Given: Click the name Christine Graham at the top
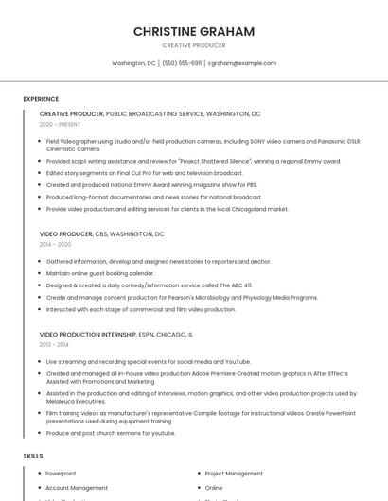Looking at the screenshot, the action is [x=193, y=31].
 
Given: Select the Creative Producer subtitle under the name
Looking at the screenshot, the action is [x=193, y=45].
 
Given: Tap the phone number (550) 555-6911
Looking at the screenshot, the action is [x=182, y=63].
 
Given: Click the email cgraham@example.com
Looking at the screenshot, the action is [x=242, y=63].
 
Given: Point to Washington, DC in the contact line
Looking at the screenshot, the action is [x=133, y=63].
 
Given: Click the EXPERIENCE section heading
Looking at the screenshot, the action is [x=41, y=99].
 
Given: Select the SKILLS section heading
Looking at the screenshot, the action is [x=33, y=456].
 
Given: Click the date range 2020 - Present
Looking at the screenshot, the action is [x=60, y=124].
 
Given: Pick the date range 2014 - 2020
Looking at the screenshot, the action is [x=55, y=244].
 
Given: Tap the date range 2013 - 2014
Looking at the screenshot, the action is [x=54, y=345].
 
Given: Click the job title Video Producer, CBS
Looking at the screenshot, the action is [x=101, y=233].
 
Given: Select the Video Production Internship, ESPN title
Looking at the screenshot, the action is [x=116, y=335].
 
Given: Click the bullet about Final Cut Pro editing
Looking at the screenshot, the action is [x=144, y=173].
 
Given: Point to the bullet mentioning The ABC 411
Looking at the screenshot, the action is [x=149, y=285].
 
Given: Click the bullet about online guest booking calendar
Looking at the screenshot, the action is [x=99, y=273].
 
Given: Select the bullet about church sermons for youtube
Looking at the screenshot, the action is [x=111, y=433].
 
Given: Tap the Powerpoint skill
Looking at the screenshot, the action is [x=61, y=474].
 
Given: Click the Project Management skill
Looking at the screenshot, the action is [x=234, y=474].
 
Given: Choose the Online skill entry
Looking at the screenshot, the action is [x=214, y=488].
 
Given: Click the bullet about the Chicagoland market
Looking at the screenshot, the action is [x=167, y=209].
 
